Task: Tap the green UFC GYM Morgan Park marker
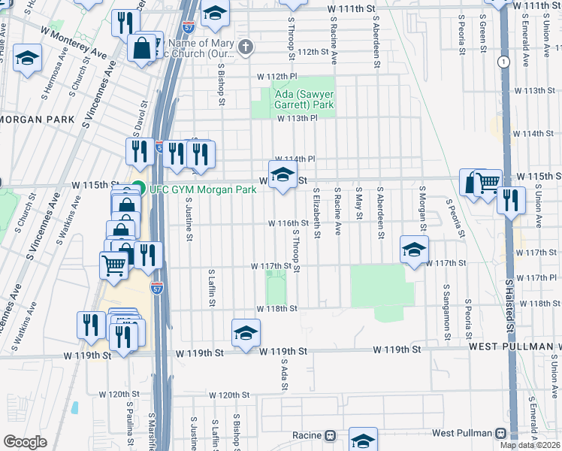138,189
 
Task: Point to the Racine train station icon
329,436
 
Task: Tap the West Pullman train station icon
501,434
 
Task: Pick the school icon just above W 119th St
246,332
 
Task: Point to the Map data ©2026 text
530,445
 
